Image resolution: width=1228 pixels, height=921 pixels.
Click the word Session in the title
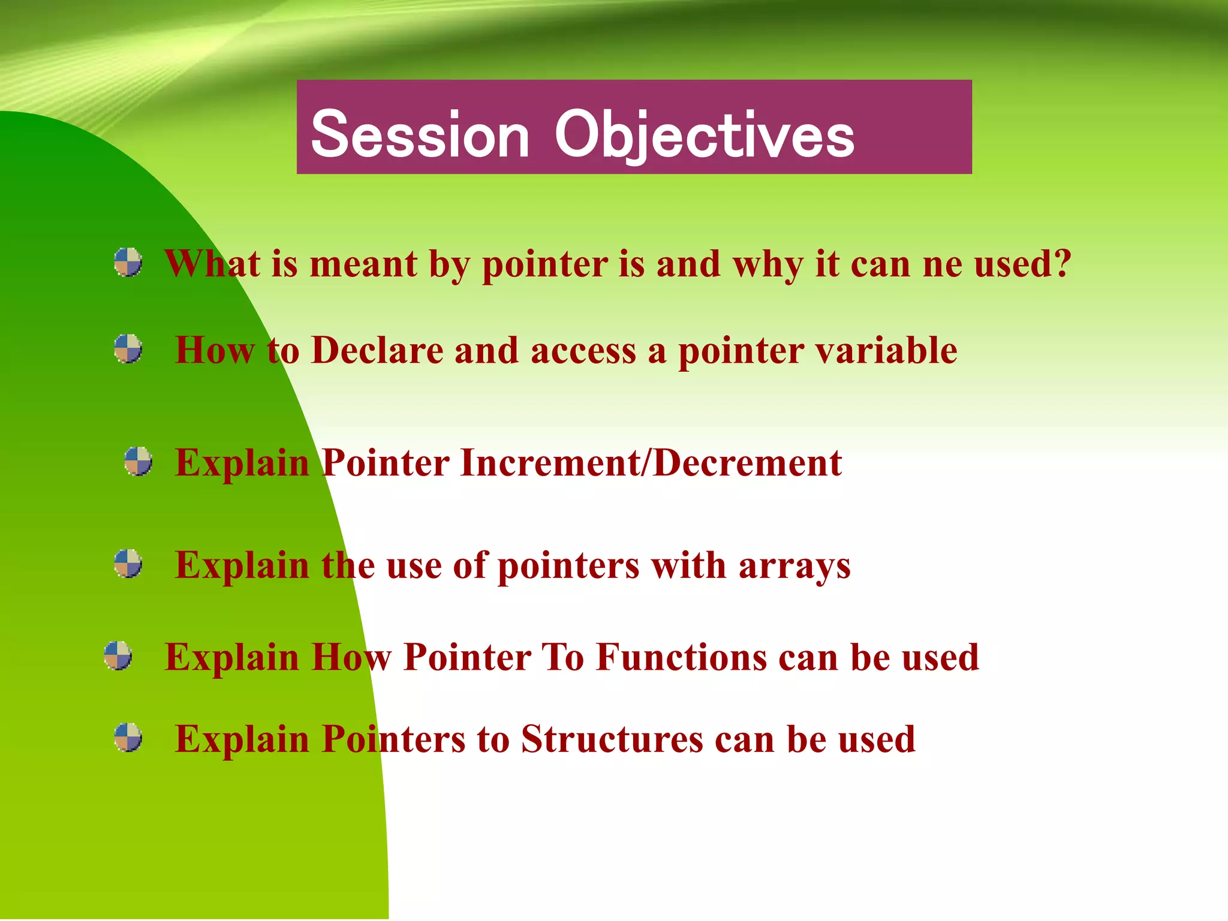[x=420, y=135]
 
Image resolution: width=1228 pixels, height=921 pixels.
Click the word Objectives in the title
[x=704, y=135]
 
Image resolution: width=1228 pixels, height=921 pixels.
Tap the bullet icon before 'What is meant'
[x=128, y=263]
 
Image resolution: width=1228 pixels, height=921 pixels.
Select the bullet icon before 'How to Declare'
[x=128, y=349]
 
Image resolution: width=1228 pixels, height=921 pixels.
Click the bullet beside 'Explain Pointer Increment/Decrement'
[x=138, y=461]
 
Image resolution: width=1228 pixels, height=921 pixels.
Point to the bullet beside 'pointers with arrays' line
[x=128, y=564]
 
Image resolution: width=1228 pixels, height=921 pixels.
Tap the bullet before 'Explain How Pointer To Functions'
[x=118, y=655]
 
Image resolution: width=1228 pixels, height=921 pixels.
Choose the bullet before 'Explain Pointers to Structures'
[x=128, y=738]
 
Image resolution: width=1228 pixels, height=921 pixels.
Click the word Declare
[x=377, y=350]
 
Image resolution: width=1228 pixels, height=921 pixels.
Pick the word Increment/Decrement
[x=651, y=463]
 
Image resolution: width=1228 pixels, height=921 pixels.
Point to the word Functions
[x=681, y=657]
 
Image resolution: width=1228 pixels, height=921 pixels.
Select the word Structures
[x=612, y=739]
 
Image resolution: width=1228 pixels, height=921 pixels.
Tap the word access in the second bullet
[x=583, y=351]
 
